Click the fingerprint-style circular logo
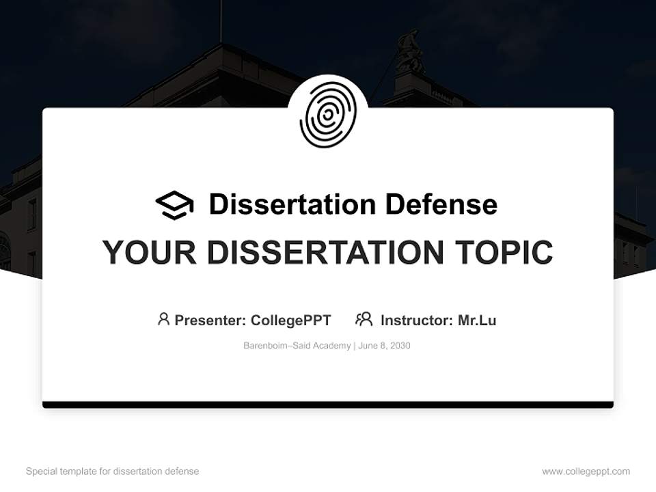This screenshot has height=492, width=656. pos(328,115)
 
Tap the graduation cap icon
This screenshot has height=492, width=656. pos(174,204)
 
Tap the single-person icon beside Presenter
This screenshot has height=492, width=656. pos(163,319)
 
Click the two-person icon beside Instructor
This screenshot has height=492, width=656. pos(364,319)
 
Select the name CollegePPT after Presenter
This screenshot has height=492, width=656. pos(291,320)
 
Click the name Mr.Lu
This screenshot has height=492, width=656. pos(477,320)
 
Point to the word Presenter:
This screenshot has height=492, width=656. pos(210,320)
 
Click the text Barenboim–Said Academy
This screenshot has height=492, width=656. pos(297,346)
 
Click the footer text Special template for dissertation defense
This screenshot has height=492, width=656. pos(113,471)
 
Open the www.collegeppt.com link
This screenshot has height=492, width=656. pos(586,471)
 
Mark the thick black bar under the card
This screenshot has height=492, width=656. pos(328,405)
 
